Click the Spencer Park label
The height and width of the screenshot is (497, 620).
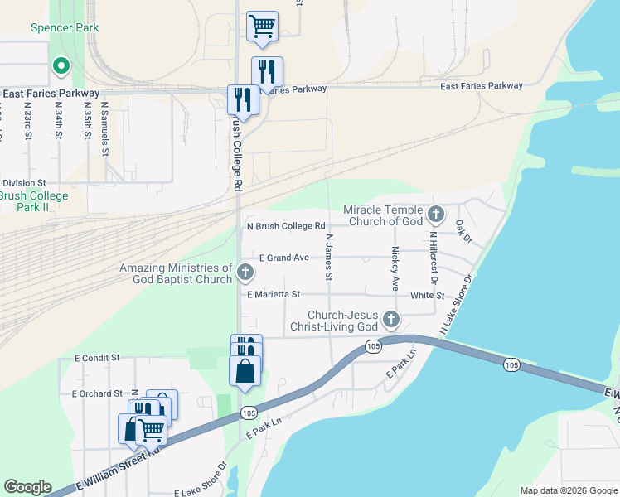coord(65,27)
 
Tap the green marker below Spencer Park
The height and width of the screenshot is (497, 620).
coord(61,65)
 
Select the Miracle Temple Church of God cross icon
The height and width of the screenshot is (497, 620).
coord(437,216)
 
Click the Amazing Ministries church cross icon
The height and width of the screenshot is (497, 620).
coord(245,272)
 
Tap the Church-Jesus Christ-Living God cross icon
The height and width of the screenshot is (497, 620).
coord(390,320)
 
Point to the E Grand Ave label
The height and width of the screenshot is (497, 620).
coord(283,258)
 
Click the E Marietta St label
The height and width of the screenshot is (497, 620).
coord(274,294)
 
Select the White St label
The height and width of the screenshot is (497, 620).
coord(428,295)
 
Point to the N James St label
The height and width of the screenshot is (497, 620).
coord(329,257)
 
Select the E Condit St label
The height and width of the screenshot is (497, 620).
coord(97,358)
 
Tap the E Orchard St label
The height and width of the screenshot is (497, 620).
coord(97,393)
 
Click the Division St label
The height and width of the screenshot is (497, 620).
coord(24,183)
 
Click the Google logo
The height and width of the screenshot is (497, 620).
coord(28,487)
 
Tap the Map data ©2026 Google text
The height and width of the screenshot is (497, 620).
coord(568,490)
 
